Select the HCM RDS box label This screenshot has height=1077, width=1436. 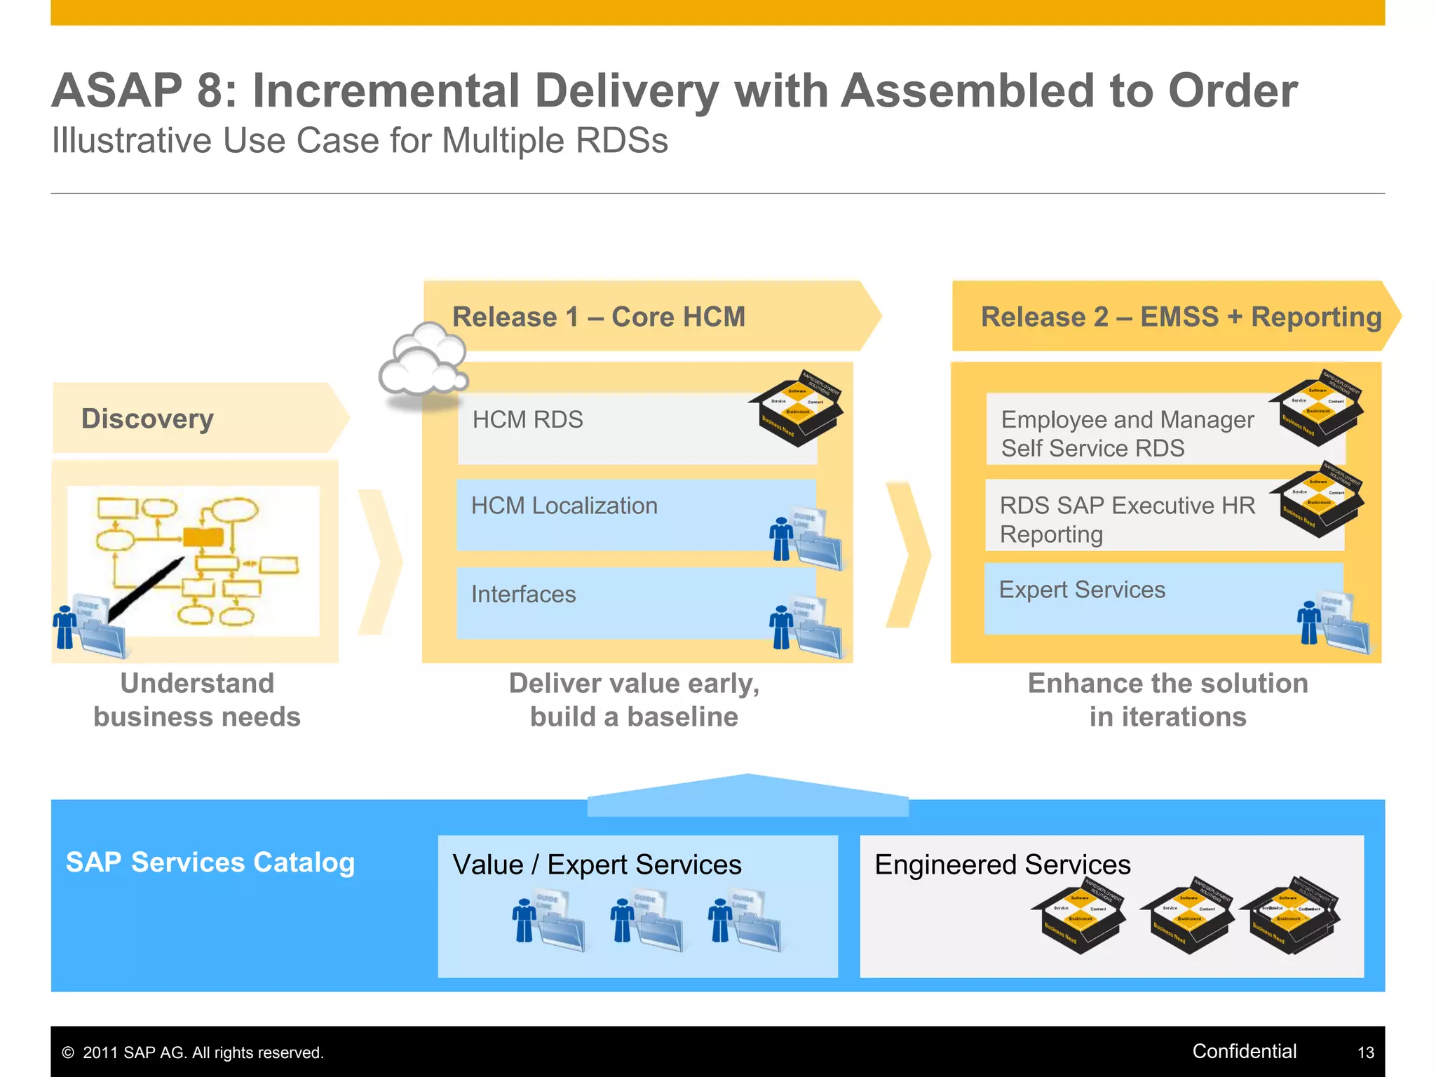[527, 419]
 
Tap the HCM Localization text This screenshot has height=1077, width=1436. [564, 506]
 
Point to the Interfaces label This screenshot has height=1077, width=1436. [523, 594]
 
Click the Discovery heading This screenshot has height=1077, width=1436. [147, 419]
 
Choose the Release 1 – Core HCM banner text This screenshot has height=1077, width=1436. [598, 317]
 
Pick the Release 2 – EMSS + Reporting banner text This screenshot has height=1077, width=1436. [1181, 317]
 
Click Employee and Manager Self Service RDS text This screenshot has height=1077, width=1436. [1127, 433]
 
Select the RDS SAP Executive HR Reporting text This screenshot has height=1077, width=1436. [1127, 520]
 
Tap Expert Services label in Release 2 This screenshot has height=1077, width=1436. [1081, 590]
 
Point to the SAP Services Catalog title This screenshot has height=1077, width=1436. [210, 862]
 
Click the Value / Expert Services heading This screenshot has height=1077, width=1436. [597, 865]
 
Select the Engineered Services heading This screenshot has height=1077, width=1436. [1002, 865]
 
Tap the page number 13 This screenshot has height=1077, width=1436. [1365, 1052]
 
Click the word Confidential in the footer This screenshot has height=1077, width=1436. [1244, 1051]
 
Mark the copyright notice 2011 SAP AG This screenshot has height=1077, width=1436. [193, 1052]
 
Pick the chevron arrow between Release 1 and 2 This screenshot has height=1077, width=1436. [908, 554]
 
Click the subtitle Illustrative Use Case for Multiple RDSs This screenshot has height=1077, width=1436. [360, 140]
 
